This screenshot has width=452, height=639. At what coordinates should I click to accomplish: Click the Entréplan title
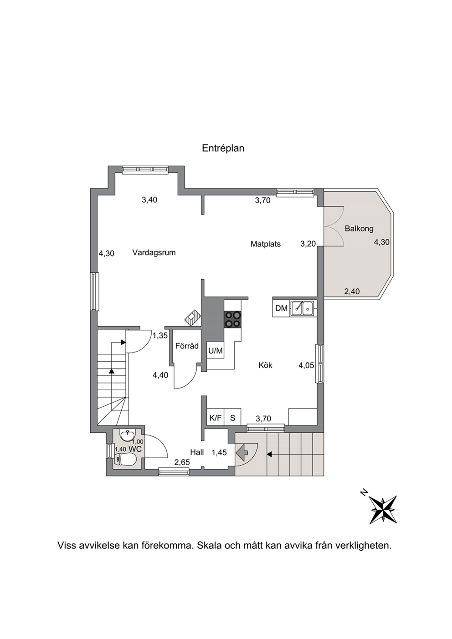click(223, 148)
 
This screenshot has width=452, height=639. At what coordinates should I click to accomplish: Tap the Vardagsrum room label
click(154, 252)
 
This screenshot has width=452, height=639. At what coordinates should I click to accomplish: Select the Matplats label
click(265, 244)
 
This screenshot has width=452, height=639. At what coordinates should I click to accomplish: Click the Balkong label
click(359, 229)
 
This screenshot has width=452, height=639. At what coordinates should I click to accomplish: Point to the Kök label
click(265, 365)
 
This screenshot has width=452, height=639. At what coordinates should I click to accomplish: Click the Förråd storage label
click(187, 346)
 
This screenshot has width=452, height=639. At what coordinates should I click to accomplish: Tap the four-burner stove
click(233, 319)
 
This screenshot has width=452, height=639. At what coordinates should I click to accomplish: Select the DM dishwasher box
click(281, 308)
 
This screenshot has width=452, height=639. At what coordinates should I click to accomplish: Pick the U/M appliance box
click(215, 350)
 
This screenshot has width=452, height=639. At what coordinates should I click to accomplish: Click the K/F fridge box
click(216, 418)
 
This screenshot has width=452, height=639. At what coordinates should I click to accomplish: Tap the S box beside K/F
click(232, 418)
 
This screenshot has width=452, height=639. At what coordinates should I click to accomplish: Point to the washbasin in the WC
click(128, 435)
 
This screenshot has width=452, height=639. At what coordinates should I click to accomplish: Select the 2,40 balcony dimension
click(352, 291)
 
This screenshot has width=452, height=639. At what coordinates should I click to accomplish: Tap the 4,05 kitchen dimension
click(306, 365)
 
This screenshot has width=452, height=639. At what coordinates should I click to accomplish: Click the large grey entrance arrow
click(241, 452)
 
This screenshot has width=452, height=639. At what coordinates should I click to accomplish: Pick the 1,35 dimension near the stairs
click(160, 336)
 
